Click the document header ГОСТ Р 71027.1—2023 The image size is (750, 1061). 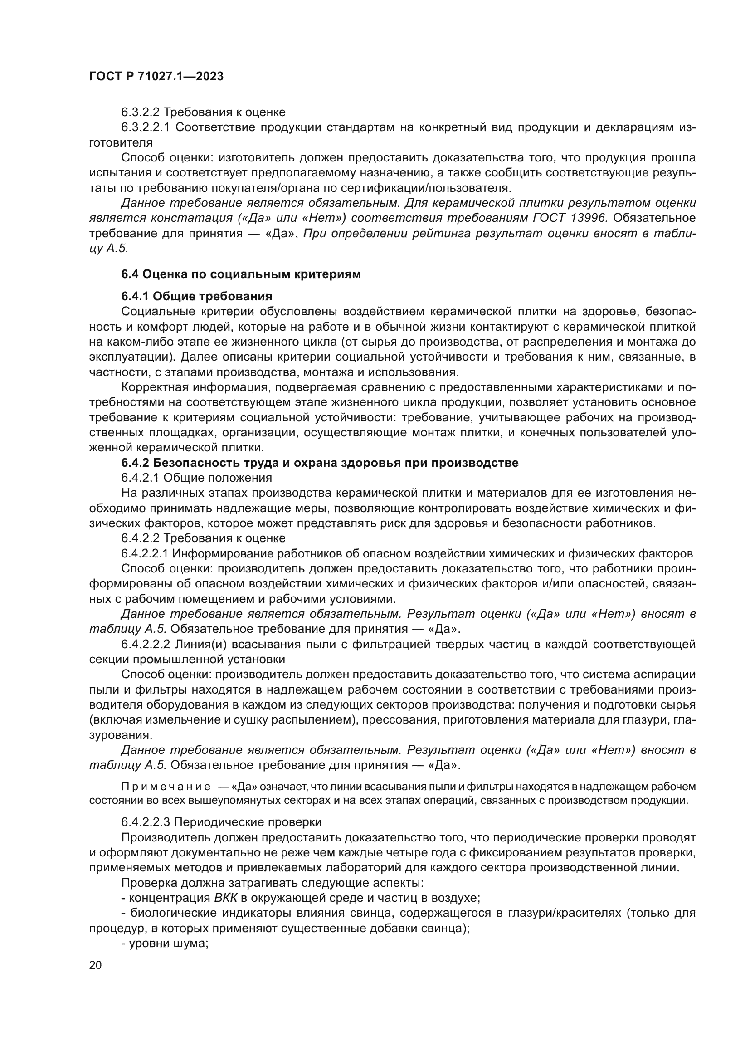[156, 77]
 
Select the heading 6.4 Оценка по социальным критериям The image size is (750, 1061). [241, 274]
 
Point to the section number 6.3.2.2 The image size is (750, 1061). [141, 112]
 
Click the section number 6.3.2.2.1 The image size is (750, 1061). [146, 127]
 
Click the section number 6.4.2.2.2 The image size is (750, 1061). [146, 644]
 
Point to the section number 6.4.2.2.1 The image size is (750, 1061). [146, 553]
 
